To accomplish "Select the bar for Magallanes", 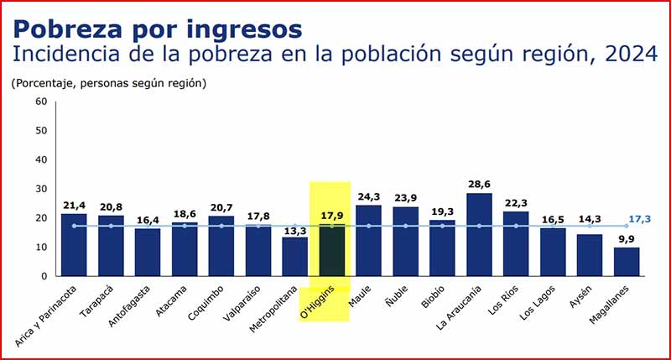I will point(626,261).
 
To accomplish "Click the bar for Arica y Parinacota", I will point(74,244).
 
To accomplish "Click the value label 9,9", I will point(626,237).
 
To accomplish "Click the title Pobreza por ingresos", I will point(157,29).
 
